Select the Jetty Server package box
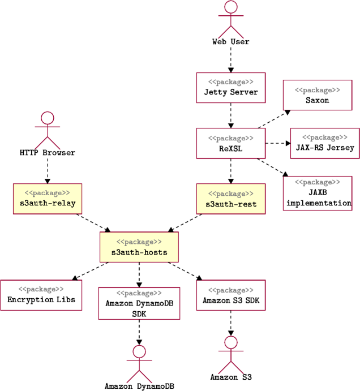pyautogui.click(x=230, y=87)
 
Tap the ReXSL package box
pyautogui.click(x=230, y=143)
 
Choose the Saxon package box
pyautogui.click(x=317, y=94)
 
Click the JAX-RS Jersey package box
pyautogui.click(x=324, y=143)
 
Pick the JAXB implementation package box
pyautogui.click(x=317, y=193)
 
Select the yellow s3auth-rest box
pyautogui.click(x=230, y=199)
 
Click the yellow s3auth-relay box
pyautogui.click(x=48, y=199)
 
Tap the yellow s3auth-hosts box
pyautogui.click(x=139, y=247)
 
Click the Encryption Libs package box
pyautogui.click(x=41, y=295)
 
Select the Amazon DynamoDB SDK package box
pyautogui.click(x=139, y=303)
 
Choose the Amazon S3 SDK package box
pyautogui.click(x=230, y=295)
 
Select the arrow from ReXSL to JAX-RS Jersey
pyautogui.click(x=277, y=143)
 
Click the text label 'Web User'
pyautogui.click(x=230, y=41)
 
